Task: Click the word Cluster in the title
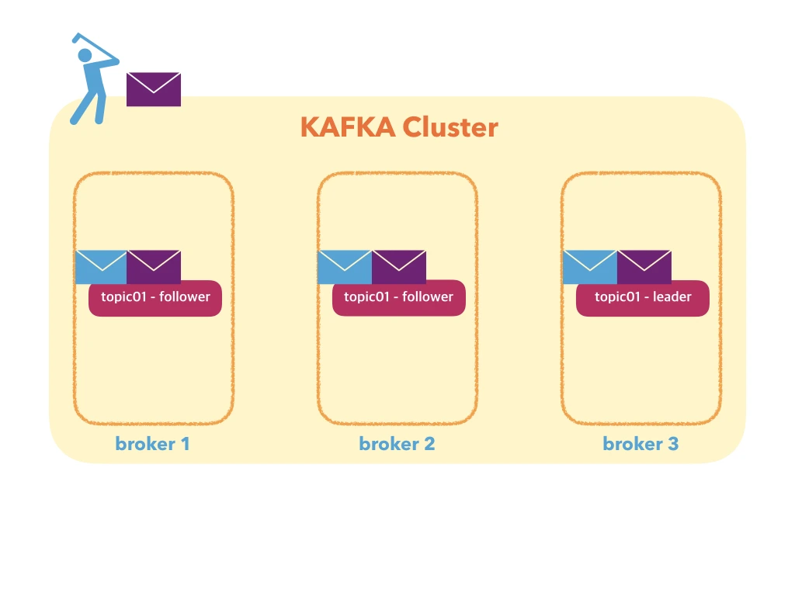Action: [450, 127]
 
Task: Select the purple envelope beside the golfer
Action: [154, 89]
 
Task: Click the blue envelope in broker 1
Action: [101, 267]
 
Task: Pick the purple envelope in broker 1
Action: [154, 267]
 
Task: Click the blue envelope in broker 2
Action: [345, 267]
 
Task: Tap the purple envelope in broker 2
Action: [399, 267]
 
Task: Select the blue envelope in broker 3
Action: [589, 267]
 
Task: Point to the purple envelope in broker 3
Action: [644, 267]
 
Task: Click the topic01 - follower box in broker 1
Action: [155, 298]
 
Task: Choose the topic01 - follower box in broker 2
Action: [399, 298]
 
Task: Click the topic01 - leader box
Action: [643, 298]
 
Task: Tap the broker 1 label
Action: [153, 444]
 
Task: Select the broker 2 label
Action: [397, 444]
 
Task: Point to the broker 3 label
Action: [641, 444]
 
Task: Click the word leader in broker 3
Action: [672, 296]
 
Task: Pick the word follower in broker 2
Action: [428, 296]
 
